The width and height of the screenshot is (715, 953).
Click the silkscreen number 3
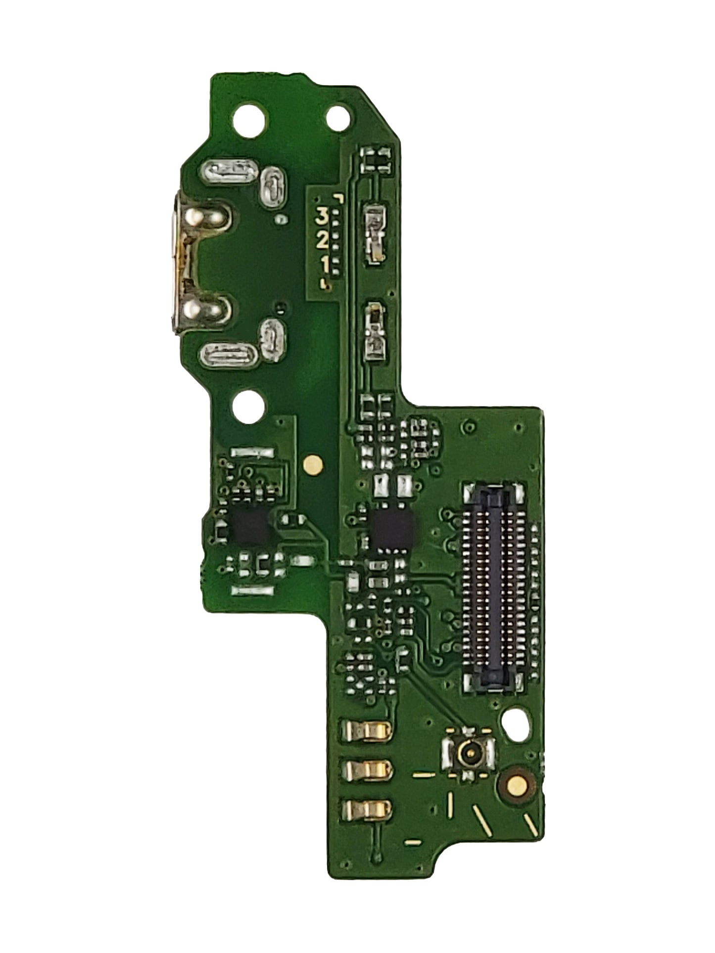(323, 216)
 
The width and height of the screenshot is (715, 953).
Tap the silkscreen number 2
(323, 241)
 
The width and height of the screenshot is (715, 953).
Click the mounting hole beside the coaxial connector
(515, 723)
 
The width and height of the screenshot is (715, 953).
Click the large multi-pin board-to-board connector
(493, 587)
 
